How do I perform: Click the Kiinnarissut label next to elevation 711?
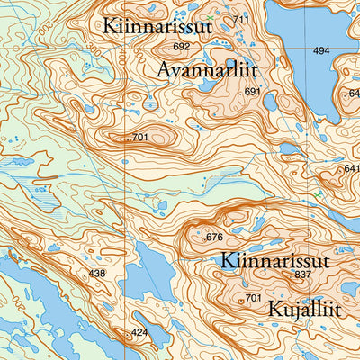click(x=157, y=27)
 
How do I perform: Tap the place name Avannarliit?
click(x=207, y=70)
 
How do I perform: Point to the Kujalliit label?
click(x=304, y=309)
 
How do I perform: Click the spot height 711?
click(x=240, y=20)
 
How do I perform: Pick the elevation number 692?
click(x=182, y=47)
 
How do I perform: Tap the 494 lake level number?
click(x=321, y=51)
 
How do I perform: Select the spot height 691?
click(x=252, y=92)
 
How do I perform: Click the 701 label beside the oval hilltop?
click(x=139, y=137)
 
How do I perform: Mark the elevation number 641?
click(x=351, y=168)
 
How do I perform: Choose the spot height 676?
click(x=213, y=238)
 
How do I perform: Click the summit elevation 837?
click(x=301, y=274)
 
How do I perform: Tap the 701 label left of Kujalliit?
click(x=253, y=298)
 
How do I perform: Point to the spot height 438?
click(x=96, y=273)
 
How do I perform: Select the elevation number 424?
click(x=139, y=333)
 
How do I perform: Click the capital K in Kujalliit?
click(x=274, y=310)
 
